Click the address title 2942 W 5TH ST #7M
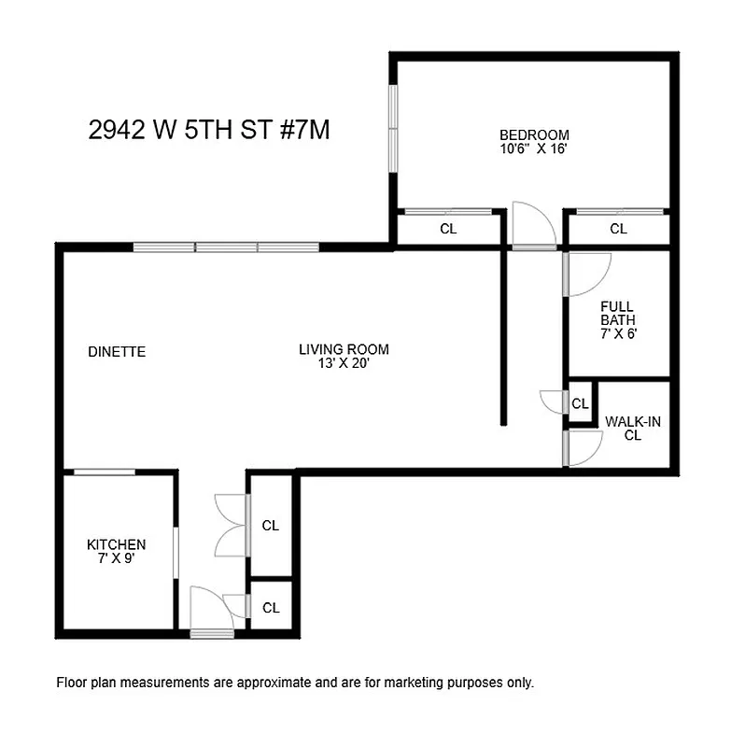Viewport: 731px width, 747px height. pos(209,131)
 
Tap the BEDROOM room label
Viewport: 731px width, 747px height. pos(533,134)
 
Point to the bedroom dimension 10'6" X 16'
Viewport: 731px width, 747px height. pos(533,148)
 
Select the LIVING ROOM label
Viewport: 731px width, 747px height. pos(344,350)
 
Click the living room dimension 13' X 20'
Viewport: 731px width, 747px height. pos(344,363)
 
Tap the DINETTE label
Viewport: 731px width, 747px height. pos(117,352)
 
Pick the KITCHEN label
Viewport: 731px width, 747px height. pos(117,544)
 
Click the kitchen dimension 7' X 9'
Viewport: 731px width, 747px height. pos(117,557)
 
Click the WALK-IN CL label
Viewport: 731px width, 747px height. pos(633,428)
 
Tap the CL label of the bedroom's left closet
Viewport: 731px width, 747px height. pos(448,230)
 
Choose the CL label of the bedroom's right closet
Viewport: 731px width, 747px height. pos(618,230)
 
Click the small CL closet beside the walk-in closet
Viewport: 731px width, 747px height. pos(581,404)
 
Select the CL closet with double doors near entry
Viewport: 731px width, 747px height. pos(271,526)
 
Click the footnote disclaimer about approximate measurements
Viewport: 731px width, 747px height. pos(296,683)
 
